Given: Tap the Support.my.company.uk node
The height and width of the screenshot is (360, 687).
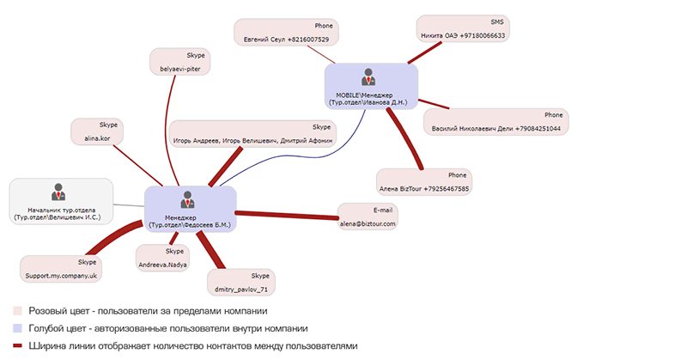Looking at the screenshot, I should click(x=64, y=267).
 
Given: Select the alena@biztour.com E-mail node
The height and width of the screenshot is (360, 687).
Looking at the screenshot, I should click(x=369, y=217).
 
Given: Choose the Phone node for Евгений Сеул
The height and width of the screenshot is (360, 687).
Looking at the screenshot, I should click(x=288, y=33).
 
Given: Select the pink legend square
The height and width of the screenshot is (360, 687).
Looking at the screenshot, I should click(x=17, y=311).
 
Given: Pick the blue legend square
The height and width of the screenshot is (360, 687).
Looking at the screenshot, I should click(x=17, y=328).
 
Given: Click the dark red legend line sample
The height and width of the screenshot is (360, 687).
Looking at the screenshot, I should click(x=17, y=345).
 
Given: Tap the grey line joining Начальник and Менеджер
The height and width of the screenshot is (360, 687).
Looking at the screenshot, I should click(x=129, y=204).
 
